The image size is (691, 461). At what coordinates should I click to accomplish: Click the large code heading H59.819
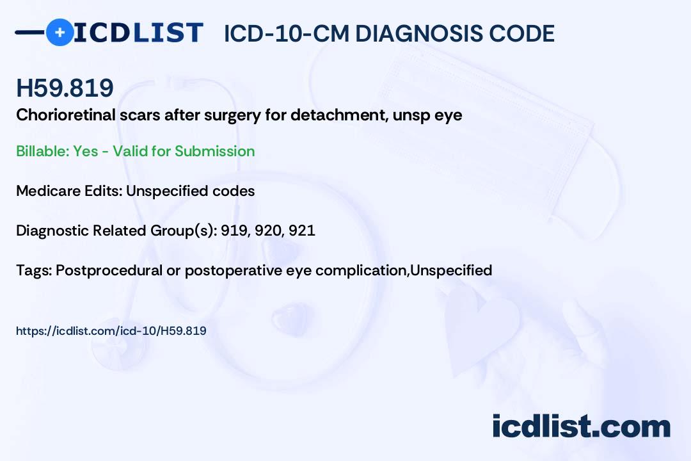coord(65,88)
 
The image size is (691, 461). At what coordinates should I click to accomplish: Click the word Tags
coord(32,270)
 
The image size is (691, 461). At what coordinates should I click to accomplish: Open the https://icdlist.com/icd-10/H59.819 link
coord(111,331)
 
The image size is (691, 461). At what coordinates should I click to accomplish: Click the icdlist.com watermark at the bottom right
coord(581,426)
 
